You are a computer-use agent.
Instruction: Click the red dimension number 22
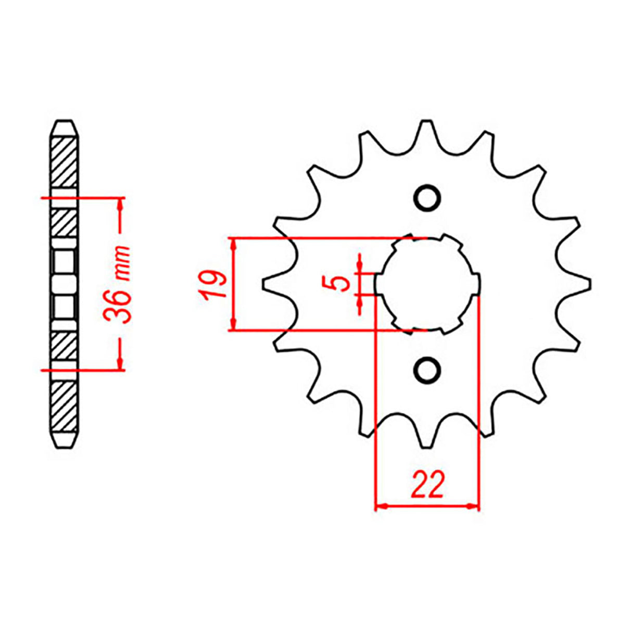click(x=428, y=486)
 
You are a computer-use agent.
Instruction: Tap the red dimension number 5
click(x=341, y=284)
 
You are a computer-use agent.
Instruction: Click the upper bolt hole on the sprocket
click(x=427, y=198)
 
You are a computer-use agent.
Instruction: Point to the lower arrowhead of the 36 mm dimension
click(x=121, y=364)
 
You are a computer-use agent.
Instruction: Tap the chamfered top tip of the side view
click(x=65, y=125)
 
